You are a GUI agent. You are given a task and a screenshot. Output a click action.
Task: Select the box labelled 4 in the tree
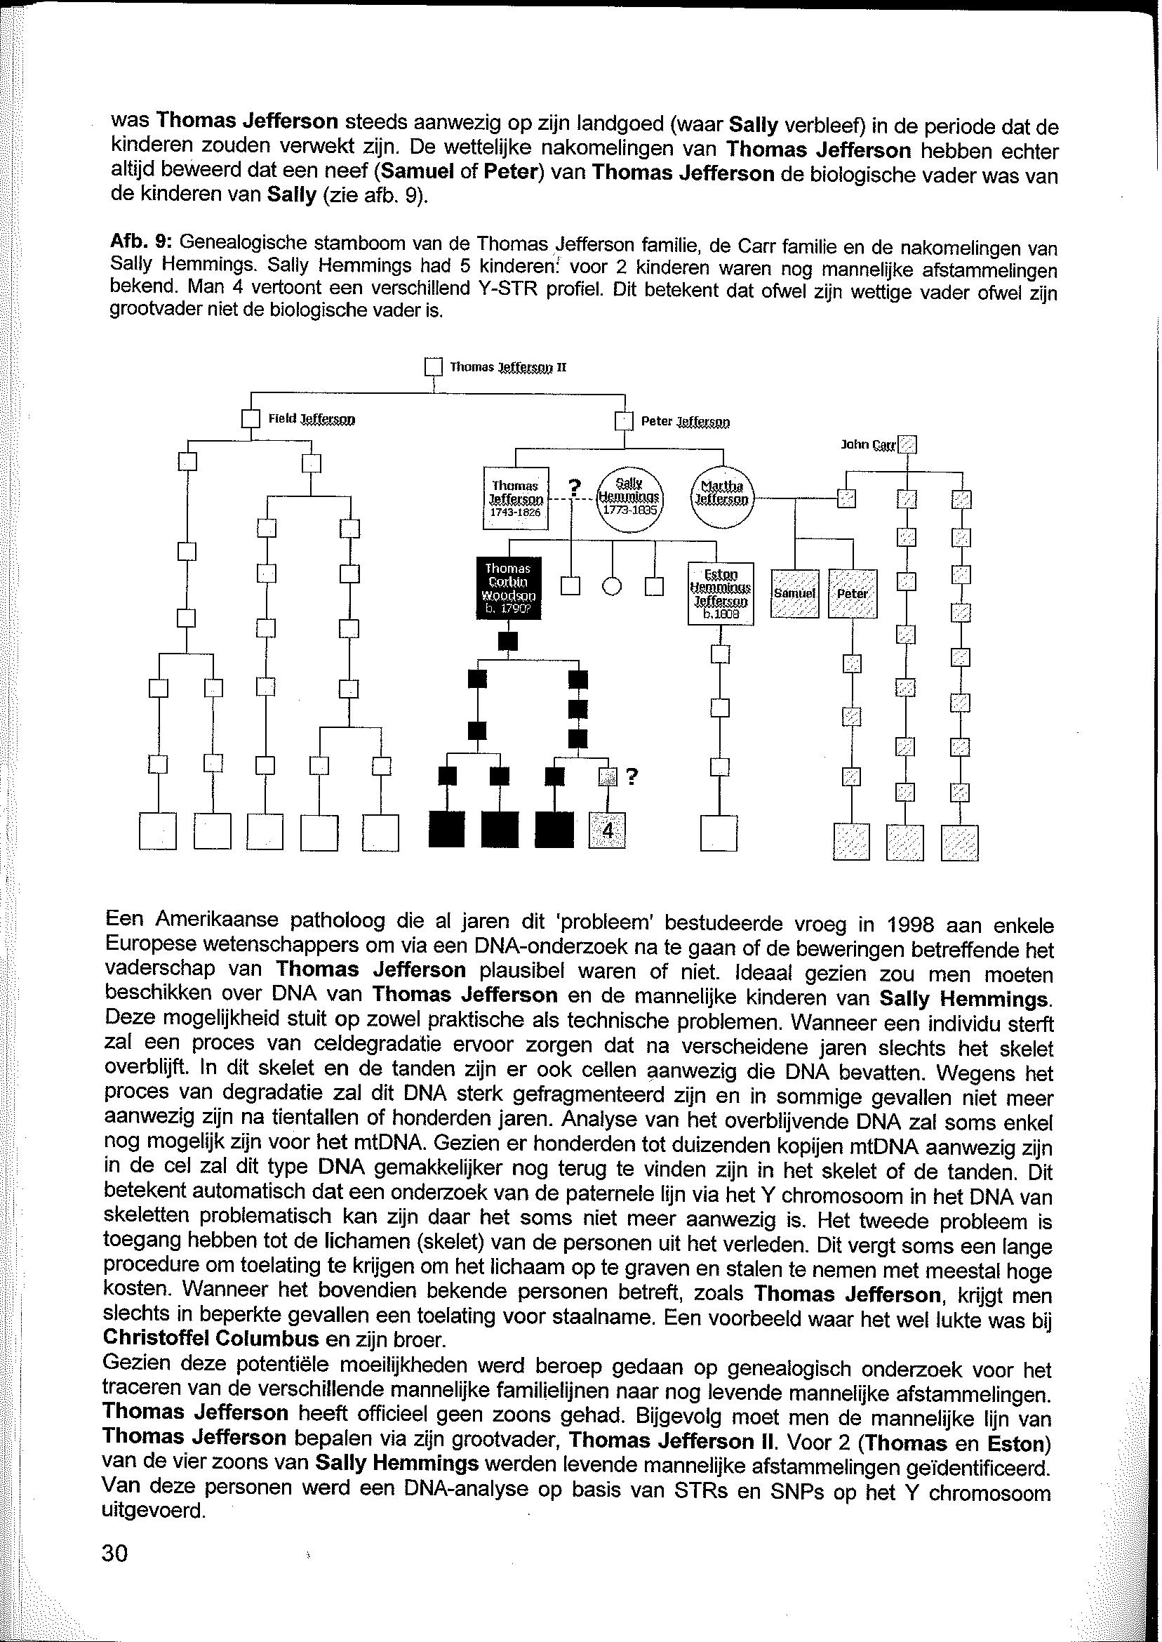pyautogui.click(x=607, y=831)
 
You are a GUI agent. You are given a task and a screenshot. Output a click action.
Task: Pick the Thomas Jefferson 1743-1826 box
pyautogui.click(x=516, y=498)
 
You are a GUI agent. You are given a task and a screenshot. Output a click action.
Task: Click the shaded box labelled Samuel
pyautogui.click(x=794, y=593)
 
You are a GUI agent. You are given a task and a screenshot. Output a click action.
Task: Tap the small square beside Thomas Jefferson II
pyautogui.click(x=434, y=367)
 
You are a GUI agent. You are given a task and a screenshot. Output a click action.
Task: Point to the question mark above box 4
pyautogui.click(x=632, y=776)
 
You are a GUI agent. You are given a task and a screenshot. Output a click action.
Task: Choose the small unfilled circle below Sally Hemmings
pyautogui.click(x=612, y=586)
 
